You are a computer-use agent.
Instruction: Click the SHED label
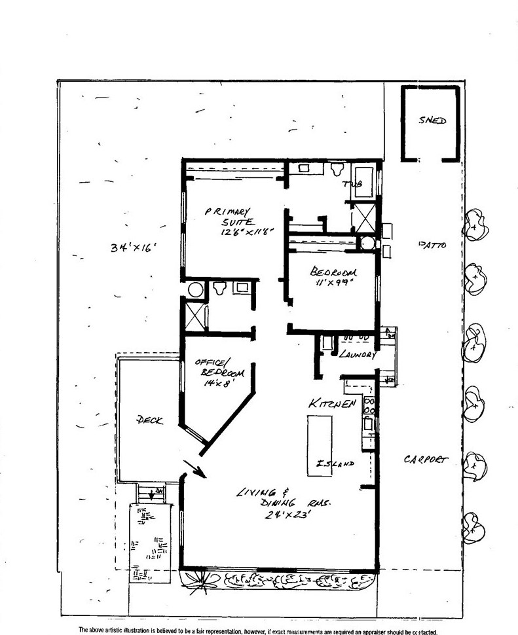coord(432,121)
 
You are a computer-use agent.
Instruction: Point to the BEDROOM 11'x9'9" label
coord(334,277)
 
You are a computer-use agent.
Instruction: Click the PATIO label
coord(433,245)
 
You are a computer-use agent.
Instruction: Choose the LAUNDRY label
coord(357,354)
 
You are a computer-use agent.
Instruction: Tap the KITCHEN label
coord(333,404)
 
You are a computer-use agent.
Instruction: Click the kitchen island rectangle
coord(320,445)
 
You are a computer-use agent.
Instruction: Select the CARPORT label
coord(426,460)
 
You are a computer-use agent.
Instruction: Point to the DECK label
coord(149,420)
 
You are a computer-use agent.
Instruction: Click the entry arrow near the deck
coord(195,467)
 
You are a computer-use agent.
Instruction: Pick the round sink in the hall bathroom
coord(196,289)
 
